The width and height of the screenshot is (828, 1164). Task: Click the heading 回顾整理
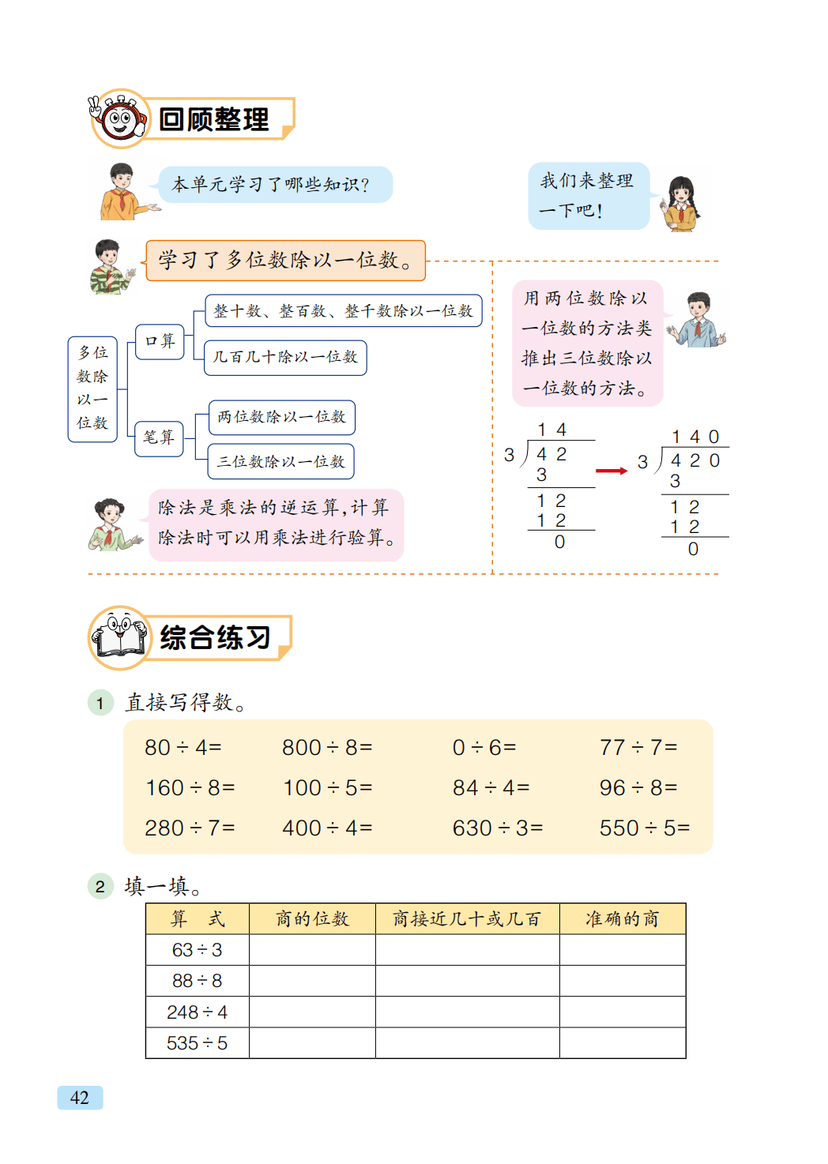coord(213,119)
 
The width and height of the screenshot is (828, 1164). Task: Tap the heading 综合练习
coord(215,637)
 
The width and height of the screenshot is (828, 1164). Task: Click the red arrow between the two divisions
coord(611,471)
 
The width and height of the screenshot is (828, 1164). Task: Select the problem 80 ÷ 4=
coord(183,747)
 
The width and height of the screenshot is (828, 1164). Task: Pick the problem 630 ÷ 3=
coord(497,828)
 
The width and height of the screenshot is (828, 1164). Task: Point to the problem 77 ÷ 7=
coord(638,747)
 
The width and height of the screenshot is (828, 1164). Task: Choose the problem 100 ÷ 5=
coord(327,787)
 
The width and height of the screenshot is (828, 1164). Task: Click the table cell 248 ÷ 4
coord(198,1012)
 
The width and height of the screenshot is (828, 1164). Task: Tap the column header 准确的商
coord(622,918)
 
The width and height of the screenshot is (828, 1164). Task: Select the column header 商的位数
coord(312,918)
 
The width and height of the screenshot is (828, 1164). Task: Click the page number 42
coord(80,1098)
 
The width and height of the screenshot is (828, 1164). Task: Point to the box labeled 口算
coord(160,341)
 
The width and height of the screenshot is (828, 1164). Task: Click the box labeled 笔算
coord(159,437)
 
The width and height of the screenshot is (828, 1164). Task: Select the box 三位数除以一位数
coord(280,461)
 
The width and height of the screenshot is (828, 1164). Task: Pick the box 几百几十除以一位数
coord(285,357)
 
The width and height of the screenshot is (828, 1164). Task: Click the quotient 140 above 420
coord(695,437)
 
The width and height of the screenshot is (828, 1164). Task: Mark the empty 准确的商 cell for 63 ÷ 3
coord(622,950)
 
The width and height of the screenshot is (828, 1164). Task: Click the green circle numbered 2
coord(100,886)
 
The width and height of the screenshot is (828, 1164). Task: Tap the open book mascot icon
coord(119,638)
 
